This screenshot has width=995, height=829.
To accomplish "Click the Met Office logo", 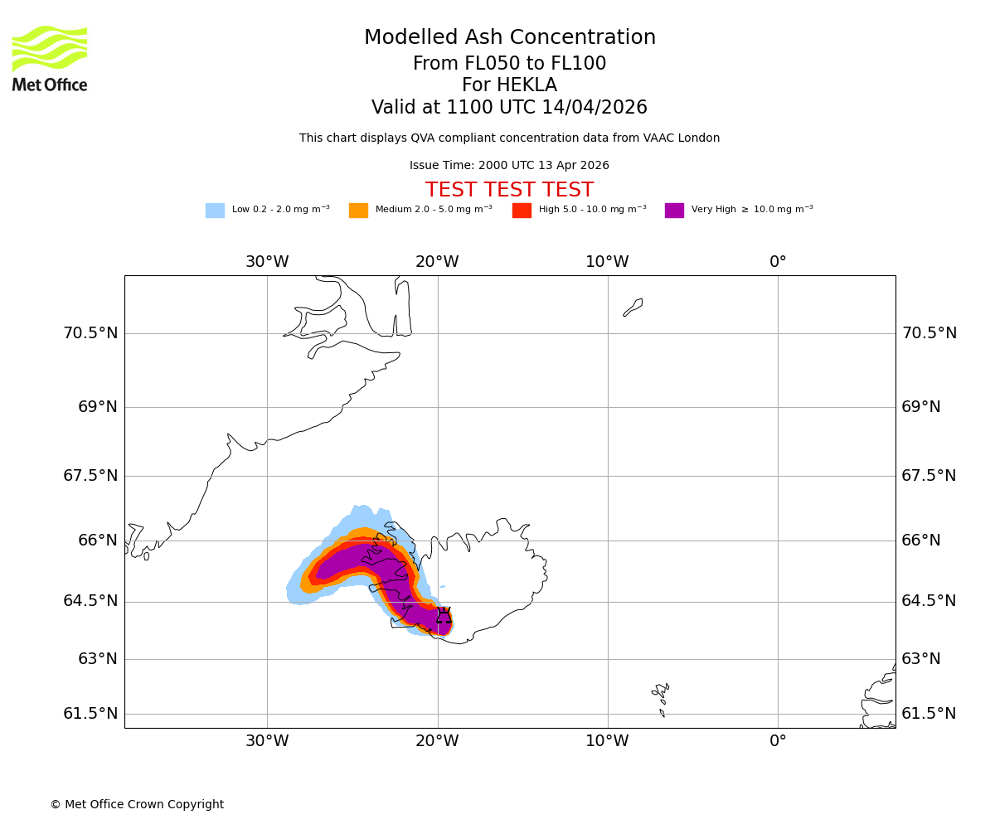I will [50, 58].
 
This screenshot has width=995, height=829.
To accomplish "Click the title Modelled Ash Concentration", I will [510, 38].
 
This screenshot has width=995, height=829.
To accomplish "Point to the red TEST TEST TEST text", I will [510, 190].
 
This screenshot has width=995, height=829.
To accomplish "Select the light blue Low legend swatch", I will [215, 210].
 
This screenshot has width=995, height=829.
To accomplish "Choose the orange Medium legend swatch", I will [358, 210].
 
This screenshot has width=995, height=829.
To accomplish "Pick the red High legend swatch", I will [522, 210].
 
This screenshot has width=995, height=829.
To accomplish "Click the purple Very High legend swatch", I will [674, 210].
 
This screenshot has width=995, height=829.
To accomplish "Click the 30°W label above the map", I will [267, 262].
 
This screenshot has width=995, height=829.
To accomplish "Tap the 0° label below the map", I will [778, 741].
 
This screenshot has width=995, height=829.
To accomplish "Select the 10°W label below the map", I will [607, 741].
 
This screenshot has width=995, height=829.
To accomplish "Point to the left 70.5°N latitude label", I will [90, 333].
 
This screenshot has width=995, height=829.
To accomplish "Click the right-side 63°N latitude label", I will [921, 659].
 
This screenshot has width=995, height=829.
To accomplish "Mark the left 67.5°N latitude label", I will [90, 476].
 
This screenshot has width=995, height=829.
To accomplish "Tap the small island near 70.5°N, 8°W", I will [633, 308].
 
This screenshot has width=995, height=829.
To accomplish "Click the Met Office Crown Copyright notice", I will [137, 805].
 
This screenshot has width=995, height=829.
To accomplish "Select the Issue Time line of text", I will [509, 166].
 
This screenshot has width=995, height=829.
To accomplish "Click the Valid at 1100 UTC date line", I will [509, 108].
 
